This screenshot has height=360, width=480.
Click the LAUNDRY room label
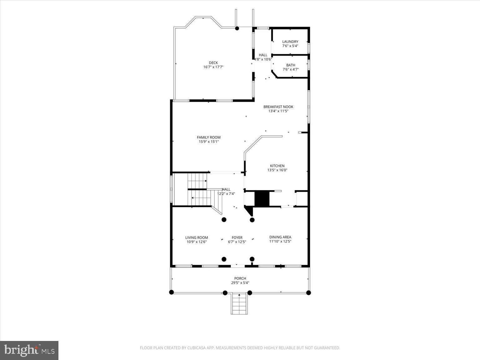click(x=290, y=42)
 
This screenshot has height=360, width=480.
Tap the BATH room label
click(x=291, y=65)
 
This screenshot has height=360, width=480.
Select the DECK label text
click(x=213, y=63)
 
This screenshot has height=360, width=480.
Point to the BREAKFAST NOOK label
click(x=278, y=107)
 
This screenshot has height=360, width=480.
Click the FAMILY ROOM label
click(x=208, y=137)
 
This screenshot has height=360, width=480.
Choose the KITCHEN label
click(x=277, y=166)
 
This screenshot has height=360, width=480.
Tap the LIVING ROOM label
click(x=197, y=237)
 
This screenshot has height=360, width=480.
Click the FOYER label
click(x=237, y=237)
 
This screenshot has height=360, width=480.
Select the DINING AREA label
click(x=280, y=237)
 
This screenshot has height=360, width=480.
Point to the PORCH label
click(x=240, y=278)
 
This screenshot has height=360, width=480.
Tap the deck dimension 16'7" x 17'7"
click(x=213, y=67)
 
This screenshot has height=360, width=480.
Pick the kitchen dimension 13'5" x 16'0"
click(x=277, y=170)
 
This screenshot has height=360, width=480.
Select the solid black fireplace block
click(x=262, y=198)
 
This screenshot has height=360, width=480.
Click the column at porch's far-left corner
click(x=171, y=292)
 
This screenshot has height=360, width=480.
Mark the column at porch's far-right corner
click(x=308, y=293)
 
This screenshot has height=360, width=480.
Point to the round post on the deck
click(x=237, y=28)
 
